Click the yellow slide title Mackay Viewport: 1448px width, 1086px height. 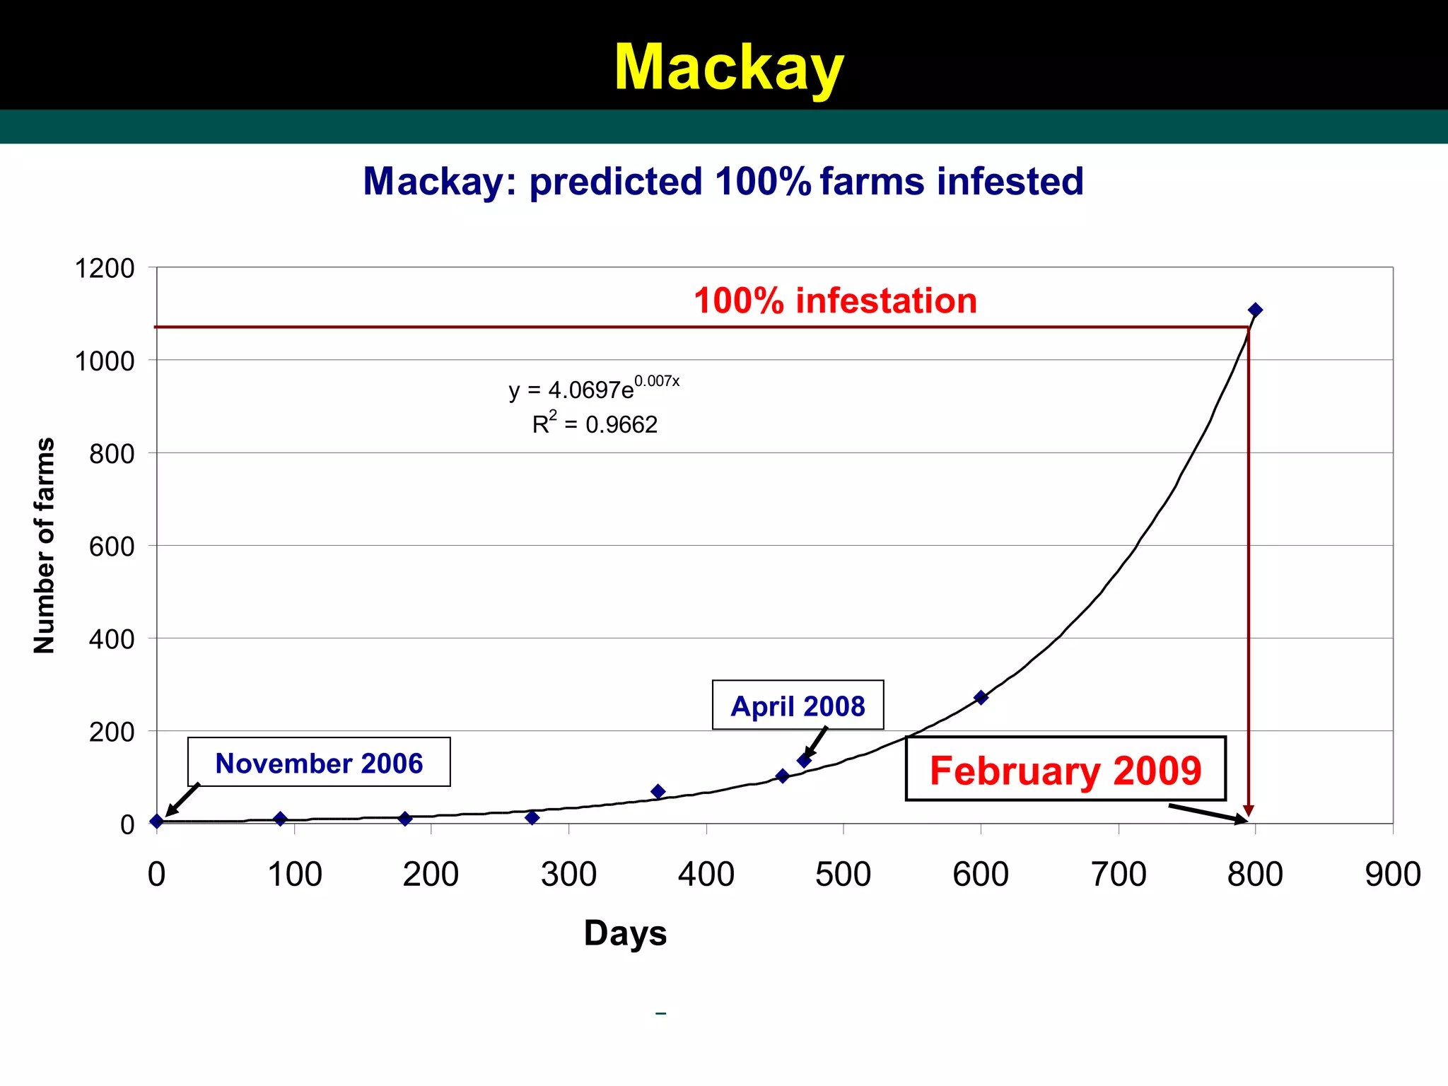click(x=728, y=67)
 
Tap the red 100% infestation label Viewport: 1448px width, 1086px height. click(x=835, y=301)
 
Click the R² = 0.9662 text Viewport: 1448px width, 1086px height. click(x=595, y=424)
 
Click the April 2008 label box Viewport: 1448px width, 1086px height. click(x=798, y=706)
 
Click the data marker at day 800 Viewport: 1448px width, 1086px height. click(x=1255, y=310)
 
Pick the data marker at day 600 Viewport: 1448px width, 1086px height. click(x=981, y=697)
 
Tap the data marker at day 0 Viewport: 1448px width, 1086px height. click(x=157, y=821)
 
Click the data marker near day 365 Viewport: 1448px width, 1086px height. click(x=658, y=791)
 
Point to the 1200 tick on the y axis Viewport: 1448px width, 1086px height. click(x=105, y=269)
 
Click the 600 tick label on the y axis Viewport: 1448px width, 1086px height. click(x=112, y=547)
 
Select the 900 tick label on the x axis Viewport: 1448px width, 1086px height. click(x=1392, y=875)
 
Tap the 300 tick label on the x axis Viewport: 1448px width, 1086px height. click(x=568, y=875)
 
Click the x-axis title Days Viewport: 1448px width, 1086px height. click(x=625, y=933)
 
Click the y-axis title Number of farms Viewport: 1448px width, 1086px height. click(x=44, y=545)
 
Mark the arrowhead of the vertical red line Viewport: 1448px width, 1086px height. click(x=1249, y=810)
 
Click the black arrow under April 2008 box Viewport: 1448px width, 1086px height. click(x=814, y=744)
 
